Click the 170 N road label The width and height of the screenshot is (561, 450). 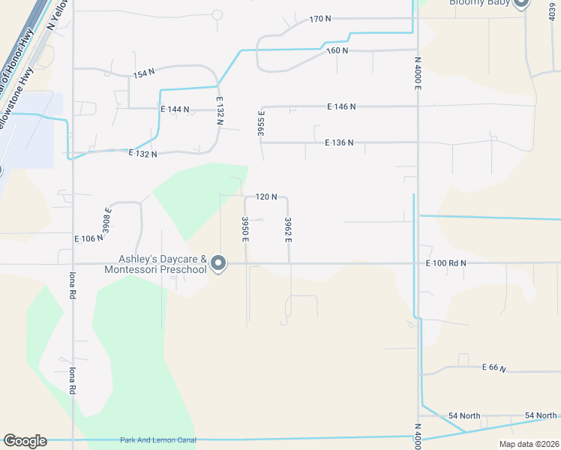tap(320, 18)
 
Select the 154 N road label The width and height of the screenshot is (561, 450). tap(143, 73)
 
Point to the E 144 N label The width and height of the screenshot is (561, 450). tap(175, 109)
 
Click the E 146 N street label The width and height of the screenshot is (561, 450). tap(341, 106)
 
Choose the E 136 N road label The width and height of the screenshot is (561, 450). tap(339, 142)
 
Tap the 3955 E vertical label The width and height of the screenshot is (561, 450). tap(261, 125)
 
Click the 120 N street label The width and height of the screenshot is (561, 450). tap(266, 196)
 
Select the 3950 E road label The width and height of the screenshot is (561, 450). tap(245, 229)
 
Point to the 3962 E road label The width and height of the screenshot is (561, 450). tap(288, 229)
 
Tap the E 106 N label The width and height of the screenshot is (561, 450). tap(88, 238)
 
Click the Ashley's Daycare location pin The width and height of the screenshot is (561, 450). tap(218, 263)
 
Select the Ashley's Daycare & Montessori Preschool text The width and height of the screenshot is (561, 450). tap(155, 264)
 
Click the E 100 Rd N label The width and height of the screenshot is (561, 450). tap(445, 263)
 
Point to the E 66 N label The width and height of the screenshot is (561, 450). tap(494, 368)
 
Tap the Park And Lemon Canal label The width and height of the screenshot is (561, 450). tap(157, 440)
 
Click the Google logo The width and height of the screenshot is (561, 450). tap(25, 441)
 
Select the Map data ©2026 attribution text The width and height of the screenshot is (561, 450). tap(529, 444)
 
